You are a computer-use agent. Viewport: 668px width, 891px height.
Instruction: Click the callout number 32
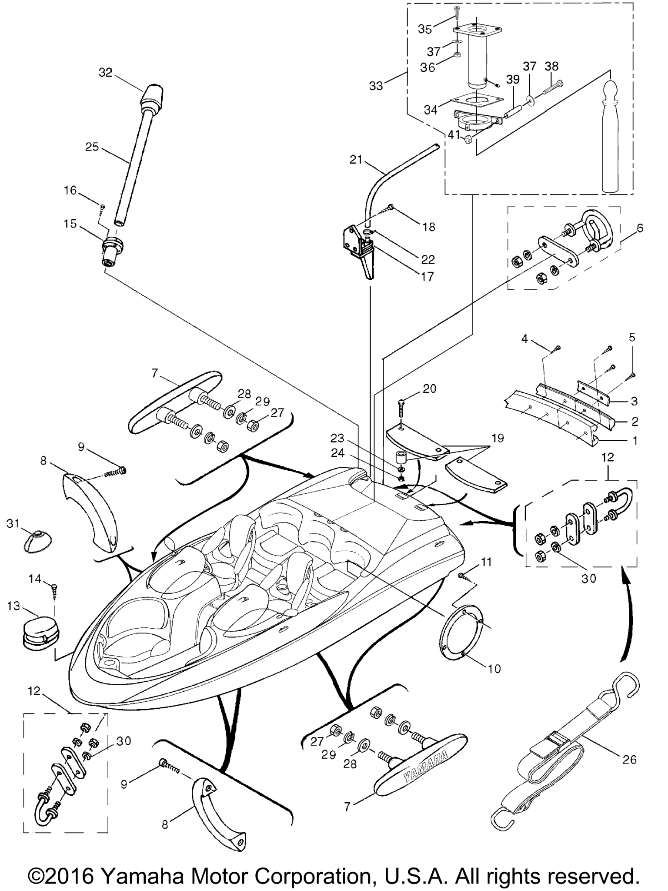tap(105, 73)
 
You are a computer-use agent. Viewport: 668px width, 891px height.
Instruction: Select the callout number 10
tap(494, 668)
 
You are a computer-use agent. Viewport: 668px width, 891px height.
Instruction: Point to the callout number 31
tap(13, 524)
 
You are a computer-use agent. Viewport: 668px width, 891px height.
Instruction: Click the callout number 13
tap(13, 606)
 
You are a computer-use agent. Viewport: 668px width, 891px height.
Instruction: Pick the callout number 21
tap(356, 160)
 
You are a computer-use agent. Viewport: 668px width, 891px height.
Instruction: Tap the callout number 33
tap(376, 86)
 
